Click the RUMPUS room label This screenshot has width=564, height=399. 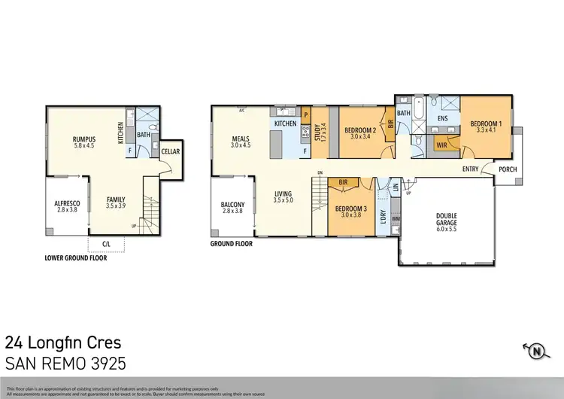coord(77,139)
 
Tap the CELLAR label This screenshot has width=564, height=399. coord(170,151)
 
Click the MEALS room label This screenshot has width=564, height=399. coord(241,139)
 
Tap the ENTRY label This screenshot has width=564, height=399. coord(471,169)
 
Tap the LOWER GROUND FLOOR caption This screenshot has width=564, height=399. coord(76,257)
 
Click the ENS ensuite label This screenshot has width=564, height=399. coord(442,119)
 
